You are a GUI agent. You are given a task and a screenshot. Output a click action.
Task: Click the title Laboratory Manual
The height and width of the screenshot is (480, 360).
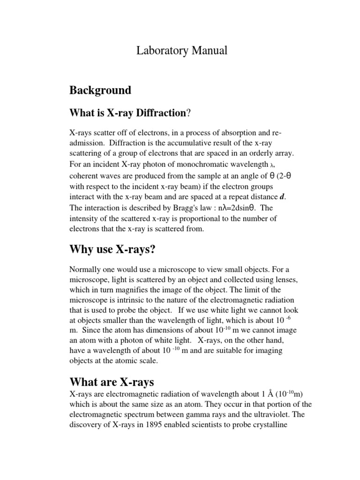pyautogui.click(x=181, y=51)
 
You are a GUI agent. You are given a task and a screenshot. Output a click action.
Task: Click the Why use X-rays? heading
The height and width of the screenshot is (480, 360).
pyautogui.click(x=112, y=249)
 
